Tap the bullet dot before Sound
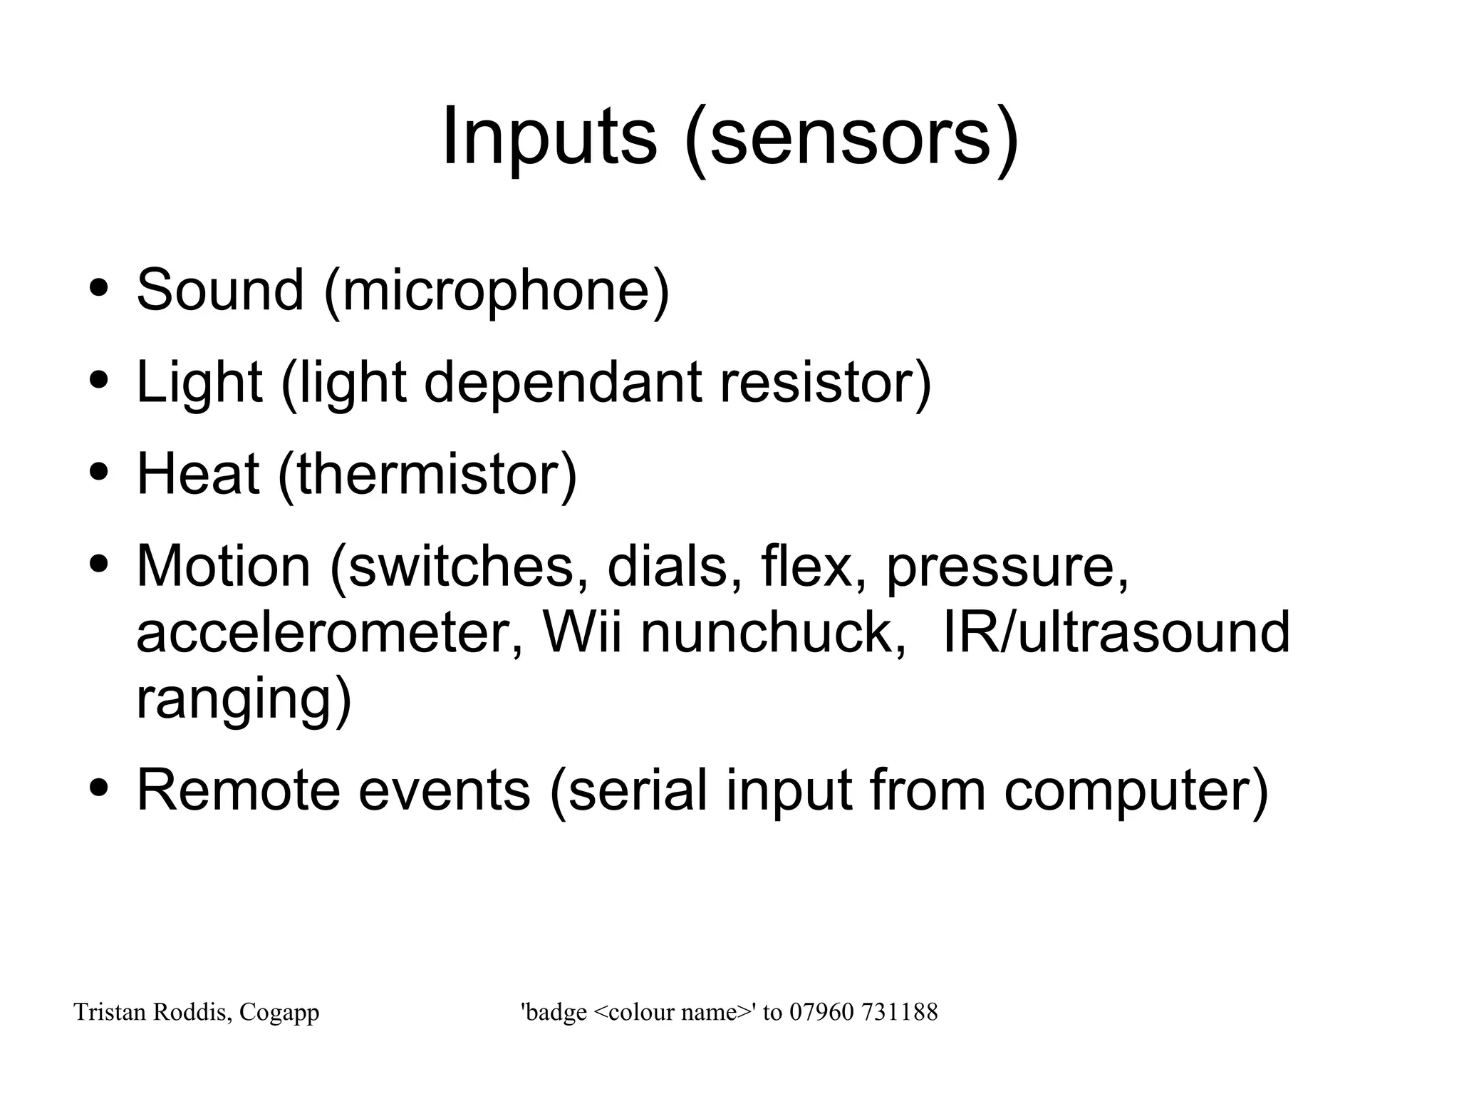(100, 289)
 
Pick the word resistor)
(826, 383)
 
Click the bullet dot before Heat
(100, 472)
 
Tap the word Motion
(223, 565)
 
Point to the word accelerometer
(330, 631)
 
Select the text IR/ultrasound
(1116, 631)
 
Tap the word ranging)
(244, 700)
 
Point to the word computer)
(1136, 791)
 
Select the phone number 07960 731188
(863, 1012)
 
